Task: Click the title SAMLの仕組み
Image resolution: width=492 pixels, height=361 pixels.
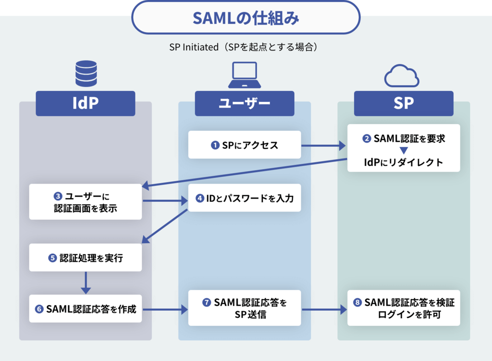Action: [x=246, y=18]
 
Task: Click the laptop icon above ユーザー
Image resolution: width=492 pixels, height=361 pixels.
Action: [x=245, y=75]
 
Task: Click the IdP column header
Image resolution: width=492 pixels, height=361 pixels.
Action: [x=86, y=103]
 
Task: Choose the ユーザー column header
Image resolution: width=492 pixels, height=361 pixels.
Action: [x=245, y=103]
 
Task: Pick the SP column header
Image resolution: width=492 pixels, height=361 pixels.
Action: [x=404, y=103]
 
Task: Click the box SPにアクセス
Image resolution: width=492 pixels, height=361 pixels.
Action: [x=245, y=145]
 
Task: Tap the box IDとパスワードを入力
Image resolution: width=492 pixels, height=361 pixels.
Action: [x=245, y=198]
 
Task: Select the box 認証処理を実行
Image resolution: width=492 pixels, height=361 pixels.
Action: [x=86, y=258]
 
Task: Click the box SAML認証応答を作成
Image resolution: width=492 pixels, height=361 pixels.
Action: [x=86, y=309]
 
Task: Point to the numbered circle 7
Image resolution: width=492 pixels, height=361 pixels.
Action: [x=207, y=302]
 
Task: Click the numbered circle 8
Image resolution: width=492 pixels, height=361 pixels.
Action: [x=357, y=302]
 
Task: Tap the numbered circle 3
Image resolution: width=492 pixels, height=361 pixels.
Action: [x=58, y=196]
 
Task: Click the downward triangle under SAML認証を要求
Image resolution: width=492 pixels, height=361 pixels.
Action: [x=404, y=150]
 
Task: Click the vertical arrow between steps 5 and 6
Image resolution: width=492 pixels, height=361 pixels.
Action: [x=86, y=283]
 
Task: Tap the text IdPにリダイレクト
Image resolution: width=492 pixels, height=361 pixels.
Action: [x=404, y=162]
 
